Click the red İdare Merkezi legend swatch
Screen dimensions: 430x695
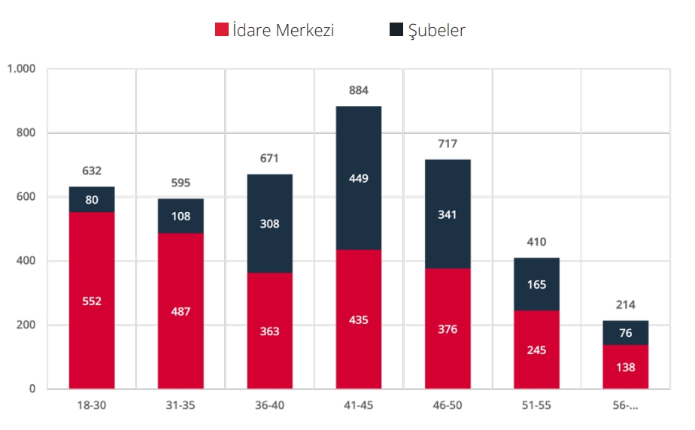tap(222, 30)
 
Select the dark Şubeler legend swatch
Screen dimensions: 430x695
tap(396, 30)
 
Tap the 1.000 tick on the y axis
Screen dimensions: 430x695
tap(21, 69)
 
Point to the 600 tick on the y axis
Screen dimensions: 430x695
tap(26, 197)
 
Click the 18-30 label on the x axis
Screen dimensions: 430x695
tap(92, 406)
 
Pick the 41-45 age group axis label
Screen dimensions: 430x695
tap(359, 406)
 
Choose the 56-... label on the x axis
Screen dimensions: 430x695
tap(625, 406)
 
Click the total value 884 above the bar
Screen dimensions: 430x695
tap(359, 91)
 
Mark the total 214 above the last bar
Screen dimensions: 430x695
tap(625, 305)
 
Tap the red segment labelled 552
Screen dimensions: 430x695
tap(92, 301)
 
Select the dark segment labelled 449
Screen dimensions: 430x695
tap(359, 179)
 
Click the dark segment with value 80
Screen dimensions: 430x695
tap(92, 200)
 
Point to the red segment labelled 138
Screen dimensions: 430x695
tap(625, 368)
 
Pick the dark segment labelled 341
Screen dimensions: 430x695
tap(448, 214)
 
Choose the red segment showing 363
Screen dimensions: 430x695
tap(269, 332)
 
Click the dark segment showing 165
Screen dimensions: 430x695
tap(536, 285)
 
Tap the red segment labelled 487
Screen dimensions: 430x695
tap(181, 311)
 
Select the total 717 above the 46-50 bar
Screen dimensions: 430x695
tap(448, 144)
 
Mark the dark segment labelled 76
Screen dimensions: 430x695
tap(625, 333)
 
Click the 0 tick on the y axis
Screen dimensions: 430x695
tap(32, 389)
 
